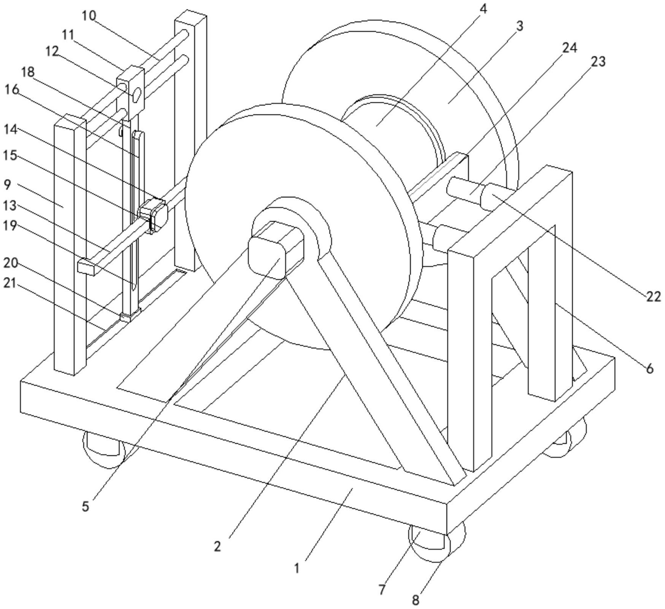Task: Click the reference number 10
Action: click(89, 16)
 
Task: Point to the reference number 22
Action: click(654, 297)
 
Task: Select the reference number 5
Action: click(86, 506)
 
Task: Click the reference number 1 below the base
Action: click(297, 568)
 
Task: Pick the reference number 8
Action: click(415, 600)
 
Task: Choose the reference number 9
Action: click(8, 185)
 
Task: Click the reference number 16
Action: click(11, 90)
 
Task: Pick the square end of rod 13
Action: click(86, 267)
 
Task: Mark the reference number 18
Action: click(28, 71)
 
